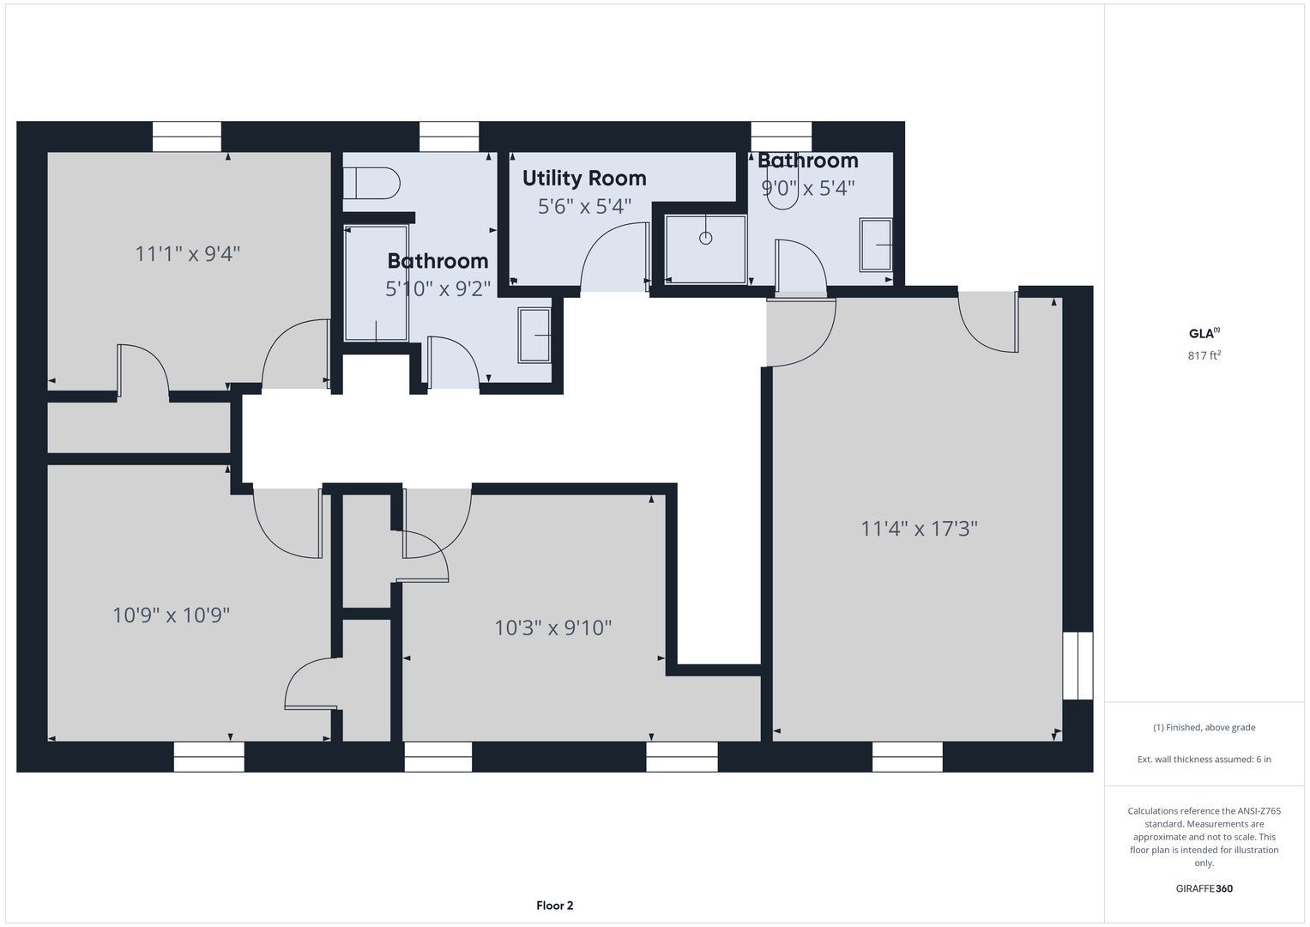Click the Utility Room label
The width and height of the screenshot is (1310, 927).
click(584, 178)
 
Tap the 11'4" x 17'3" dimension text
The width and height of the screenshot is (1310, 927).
click(919, 529)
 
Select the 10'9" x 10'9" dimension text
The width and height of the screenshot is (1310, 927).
click(171, 615)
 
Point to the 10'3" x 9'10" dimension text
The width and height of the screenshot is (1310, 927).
click(552, 628)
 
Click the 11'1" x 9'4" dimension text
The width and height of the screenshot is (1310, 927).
click(188, 253)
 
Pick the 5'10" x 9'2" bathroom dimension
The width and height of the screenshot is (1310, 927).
click(438, 288)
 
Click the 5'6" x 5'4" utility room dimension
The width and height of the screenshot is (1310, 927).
click(584, 206)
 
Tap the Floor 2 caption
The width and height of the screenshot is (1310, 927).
click(554, 906)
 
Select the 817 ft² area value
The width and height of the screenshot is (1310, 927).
click(1204, 355)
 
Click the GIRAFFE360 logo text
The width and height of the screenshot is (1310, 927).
click(1204, 888)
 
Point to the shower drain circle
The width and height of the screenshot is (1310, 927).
click(706, 239)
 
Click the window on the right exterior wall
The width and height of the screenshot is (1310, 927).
click(1078, 665)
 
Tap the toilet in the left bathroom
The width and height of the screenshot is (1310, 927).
click(371, 183)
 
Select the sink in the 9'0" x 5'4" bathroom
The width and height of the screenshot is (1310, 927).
click(875, 245)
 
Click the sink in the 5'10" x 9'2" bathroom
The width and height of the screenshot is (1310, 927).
click(534, 336)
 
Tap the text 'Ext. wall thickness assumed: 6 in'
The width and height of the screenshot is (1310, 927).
click(1204, 759)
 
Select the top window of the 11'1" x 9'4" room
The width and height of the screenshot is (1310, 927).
click(187, 136)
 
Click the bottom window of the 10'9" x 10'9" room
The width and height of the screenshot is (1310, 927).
click(208, 757)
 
